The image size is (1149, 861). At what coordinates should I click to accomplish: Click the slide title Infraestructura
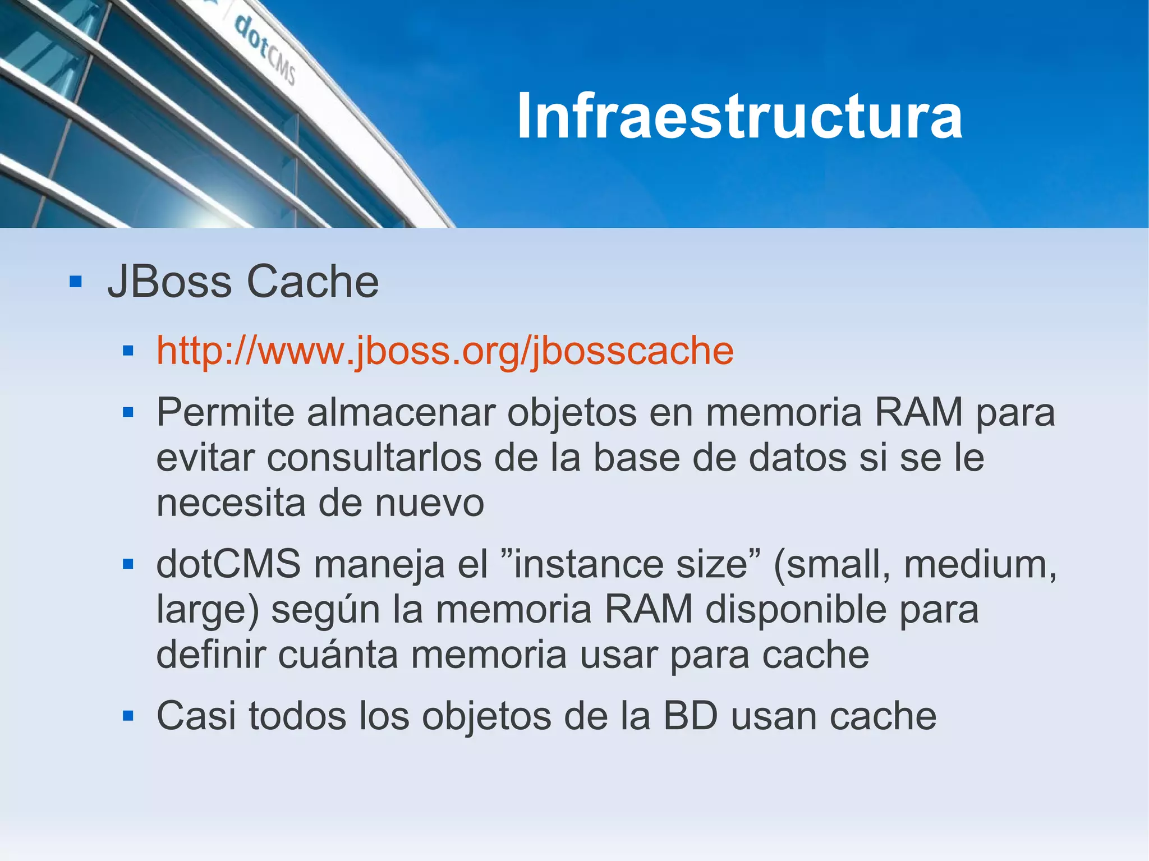(739, 117)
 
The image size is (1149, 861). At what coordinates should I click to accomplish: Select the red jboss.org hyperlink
(445, 351)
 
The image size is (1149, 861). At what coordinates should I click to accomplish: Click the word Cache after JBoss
(312, 282)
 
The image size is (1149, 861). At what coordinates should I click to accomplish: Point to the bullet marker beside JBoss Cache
(76, 281)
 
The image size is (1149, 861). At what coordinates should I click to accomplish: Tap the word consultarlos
(374, 458)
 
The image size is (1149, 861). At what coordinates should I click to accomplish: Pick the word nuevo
(429, 503)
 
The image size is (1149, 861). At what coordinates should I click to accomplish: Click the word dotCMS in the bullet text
(228, 564)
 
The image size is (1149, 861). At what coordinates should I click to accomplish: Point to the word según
(325, 610)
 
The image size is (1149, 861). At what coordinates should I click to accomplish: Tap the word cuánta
(338, 655)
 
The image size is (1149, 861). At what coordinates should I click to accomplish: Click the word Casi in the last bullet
(196, 716)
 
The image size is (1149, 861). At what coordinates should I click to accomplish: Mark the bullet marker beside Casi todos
(128, 716)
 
